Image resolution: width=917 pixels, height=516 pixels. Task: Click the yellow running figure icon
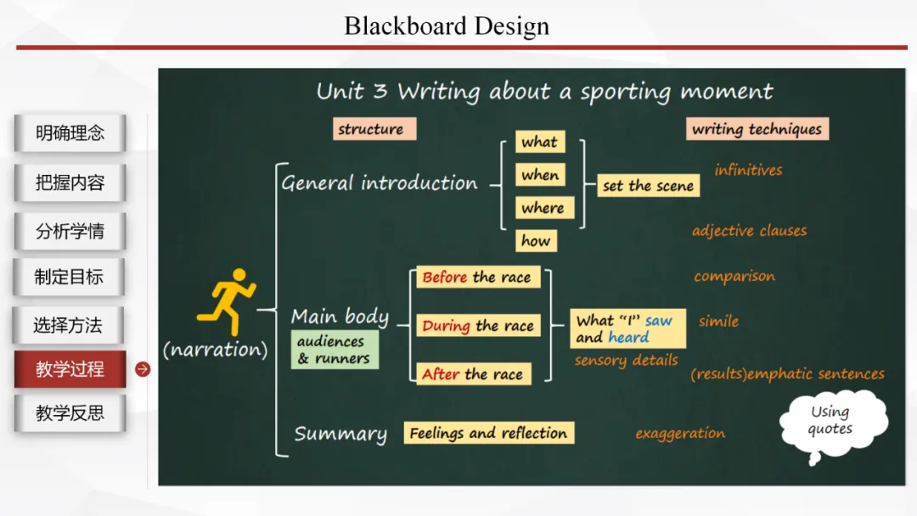(226, 302)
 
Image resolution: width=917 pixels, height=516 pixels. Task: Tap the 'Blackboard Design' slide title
(447, 26)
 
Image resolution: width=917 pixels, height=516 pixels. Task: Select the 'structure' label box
(371, 129)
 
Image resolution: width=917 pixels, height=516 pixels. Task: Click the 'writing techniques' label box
(757, 129)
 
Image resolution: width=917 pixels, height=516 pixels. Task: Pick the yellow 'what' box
(539, 142)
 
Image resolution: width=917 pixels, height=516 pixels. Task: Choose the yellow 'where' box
(543, 208)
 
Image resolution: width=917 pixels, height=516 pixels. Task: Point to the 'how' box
(536, 241)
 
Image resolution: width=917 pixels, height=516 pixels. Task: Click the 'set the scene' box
(648, 186)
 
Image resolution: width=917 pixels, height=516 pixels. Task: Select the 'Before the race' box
(476, 278)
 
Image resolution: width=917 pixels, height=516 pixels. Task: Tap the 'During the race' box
(478, 326)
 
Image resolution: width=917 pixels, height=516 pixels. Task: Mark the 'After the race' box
(473, 374)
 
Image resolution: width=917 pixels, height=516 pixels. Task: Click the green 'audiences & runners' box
(333, 350)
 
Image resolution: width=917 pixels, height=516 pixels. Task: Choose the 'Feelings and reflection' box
(488, 433)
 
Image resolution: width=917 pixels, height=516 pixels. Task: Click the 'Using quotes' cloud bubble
(830, 420)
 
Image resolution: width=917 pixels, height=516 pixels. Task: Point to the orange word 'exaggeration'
(680, 434)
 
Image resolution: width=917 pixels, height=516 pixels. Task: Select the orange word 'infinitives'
(748, 170)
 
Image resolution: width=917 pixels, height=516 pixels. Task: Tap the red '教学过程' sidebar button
(70, 369)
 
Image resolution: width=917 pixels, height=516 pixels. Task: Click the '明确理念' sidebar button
(70, 133)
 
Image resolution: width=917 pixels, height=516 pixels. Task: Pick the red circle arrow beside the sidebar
(143, 369)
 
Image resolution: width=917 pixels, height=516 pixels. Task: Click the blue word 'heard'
(628, 337)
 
